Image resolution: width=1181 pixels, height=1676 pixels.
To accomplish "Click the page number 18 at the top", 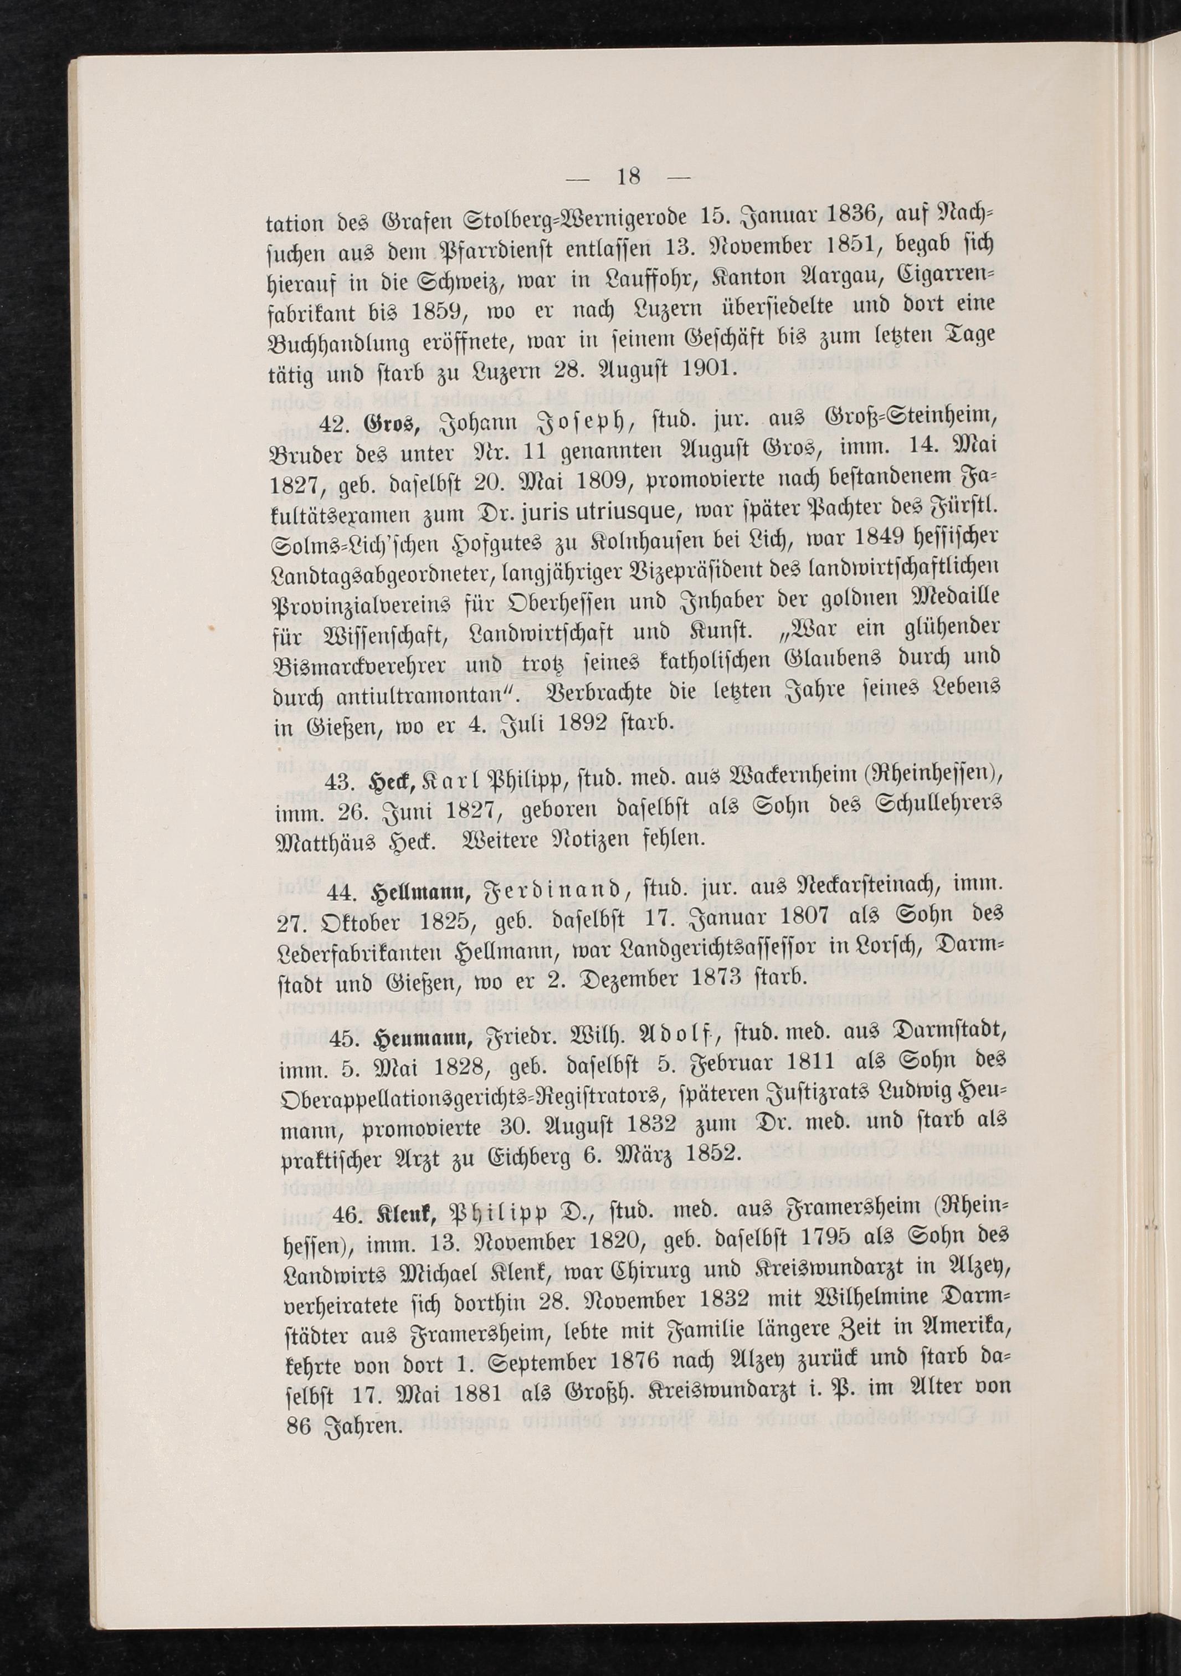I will tap(628, 197).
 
